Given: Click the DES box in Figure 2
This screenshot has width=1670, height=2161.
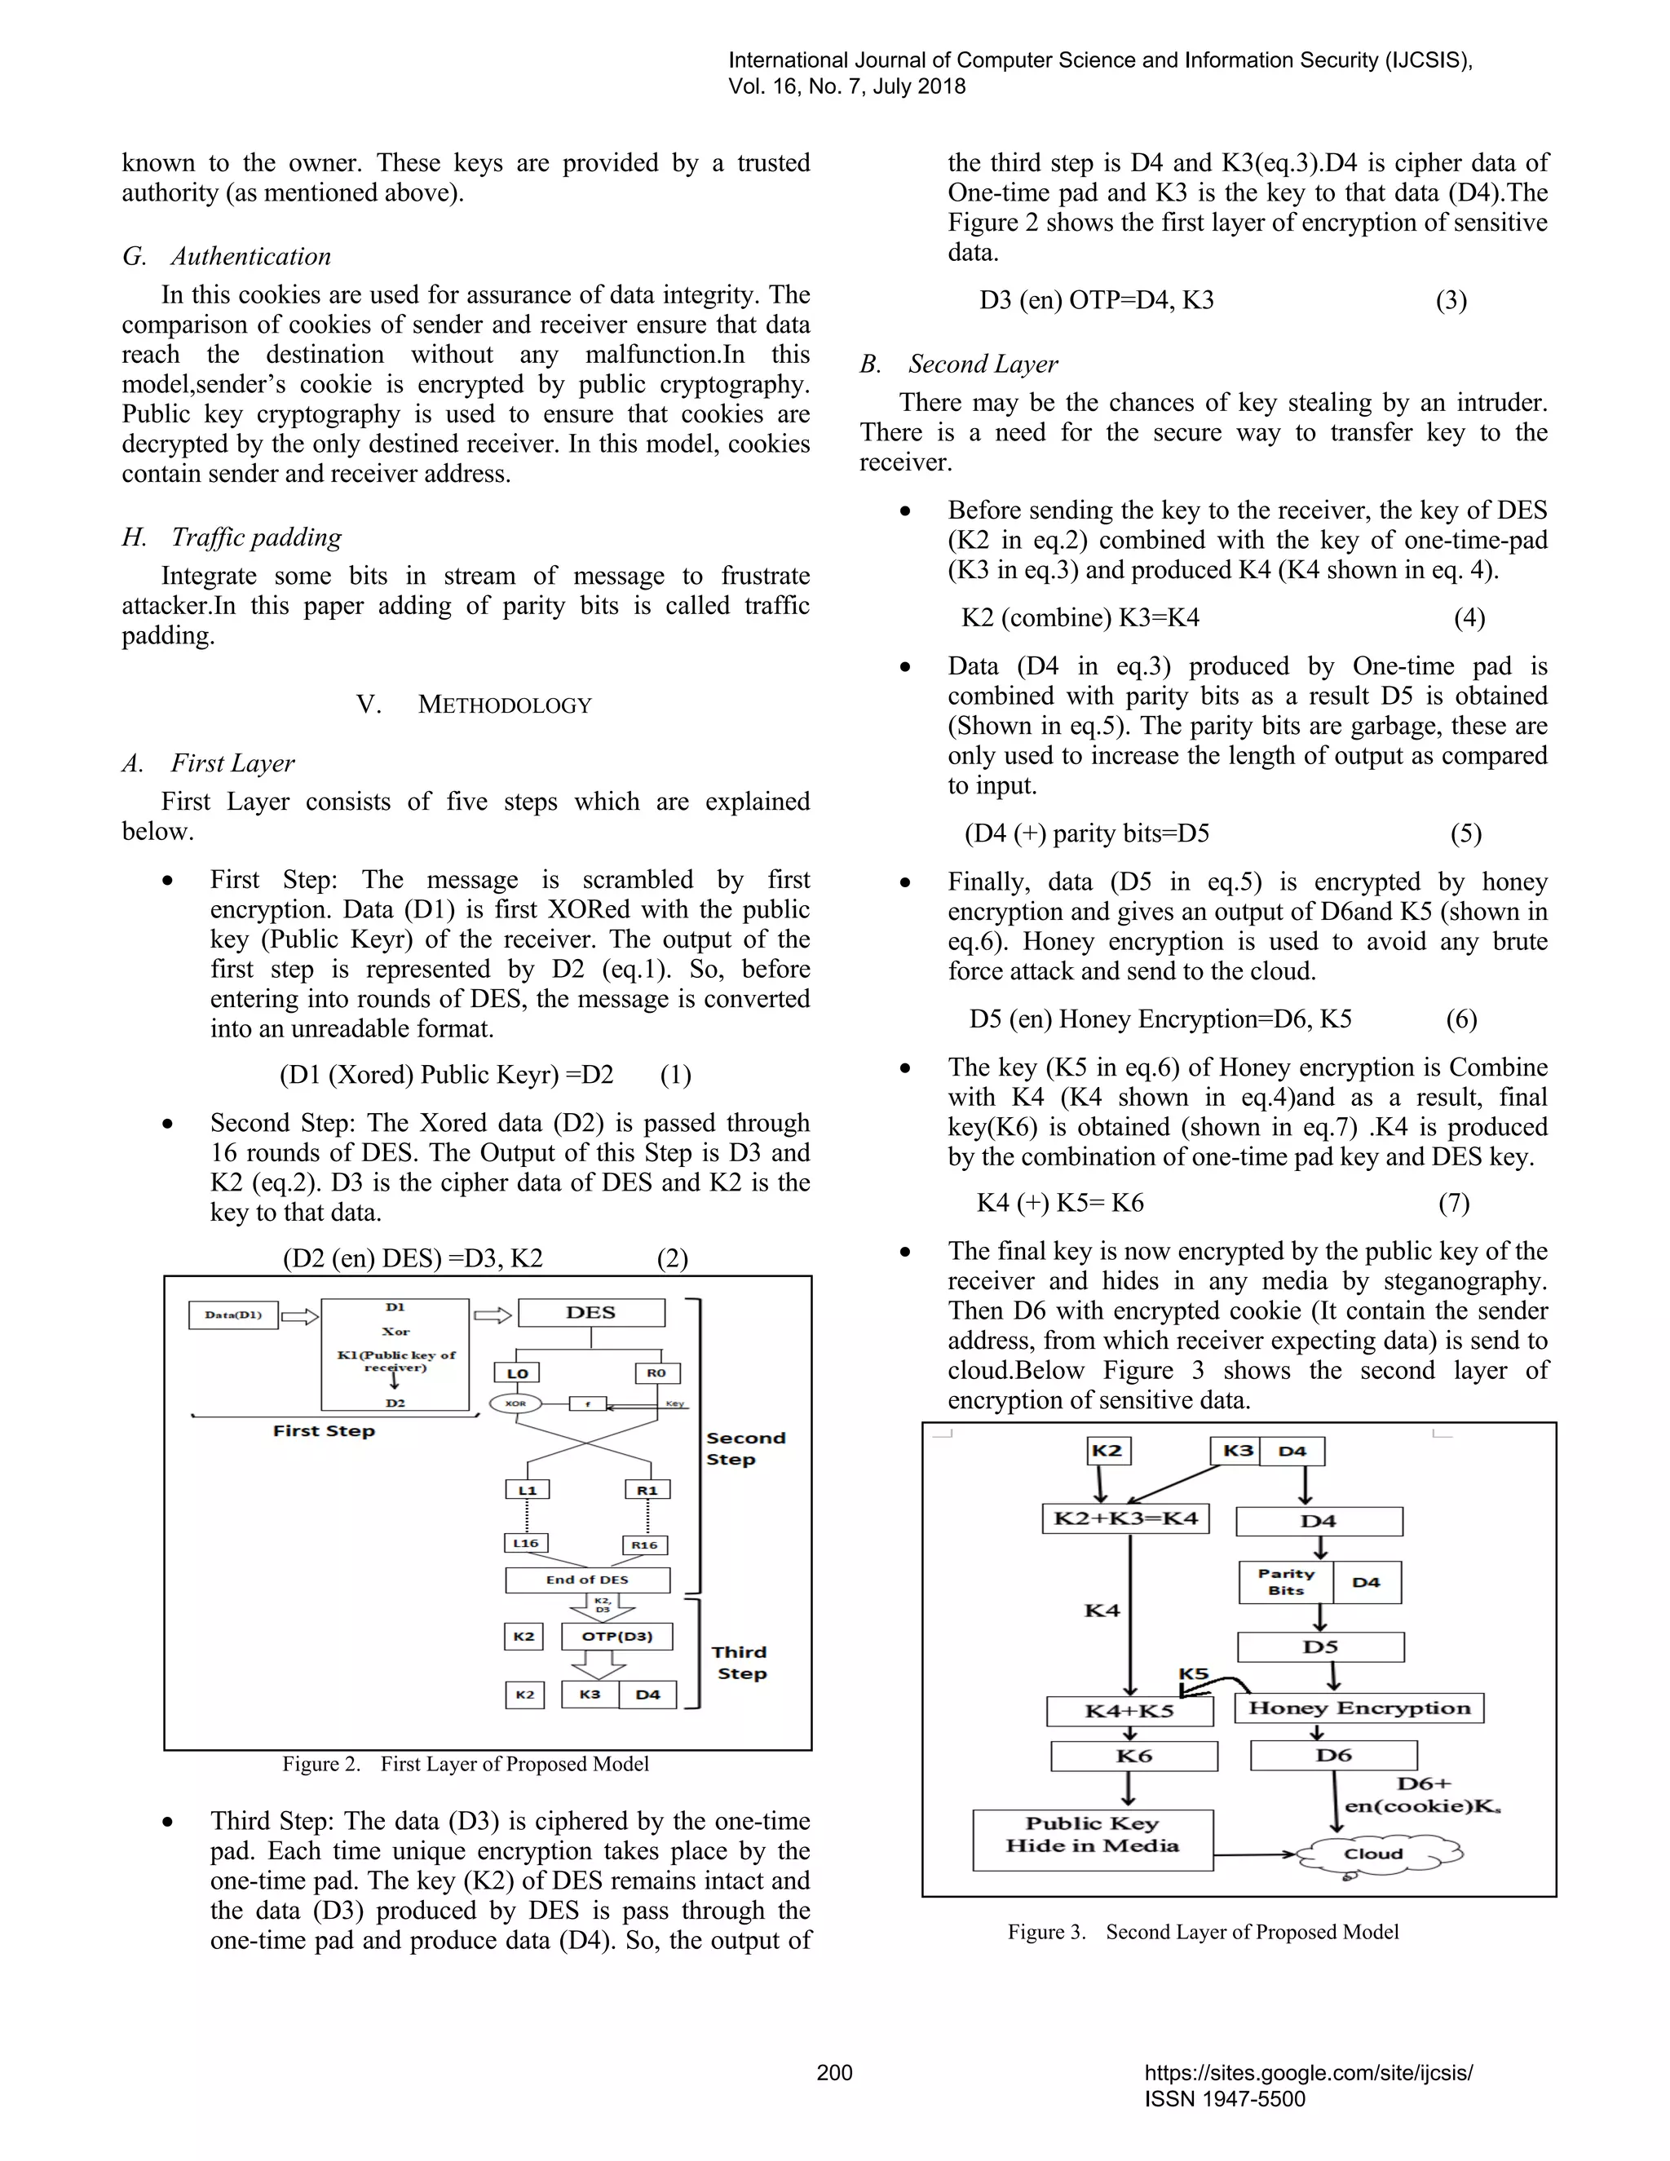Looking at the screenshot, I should click(x=590, y=1312).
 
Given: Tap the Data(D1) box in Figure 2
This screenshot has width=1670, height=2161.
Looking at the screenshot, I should click(x=233, y=1315).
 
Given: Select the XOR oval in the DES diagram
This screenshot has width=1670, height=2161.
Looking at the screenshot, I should click(x=515, y=1403).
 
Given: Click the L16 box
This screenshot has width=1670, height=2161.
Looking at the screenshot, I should click(x=525, y=1543).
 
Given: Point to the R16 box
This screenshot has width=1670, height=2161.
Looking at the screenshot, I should click(x=645, y=1545).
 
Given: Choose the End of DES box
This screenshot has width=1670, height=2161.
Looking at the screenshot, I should click(x=586, y=1580).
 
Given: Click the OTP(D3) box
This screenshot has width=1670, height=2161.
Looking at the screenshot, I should click(x=616, y=1636).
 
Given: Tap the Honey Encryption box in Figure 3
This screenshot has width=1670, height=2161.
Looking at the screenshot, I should click(x=1359, y=1708).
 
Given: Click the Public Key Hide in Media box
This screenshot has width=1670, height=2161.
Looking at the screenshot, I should click(x=1092, y=1840).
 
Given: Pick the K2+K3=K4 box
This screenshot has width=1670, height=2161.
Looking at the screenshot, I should click(x=1124, y=1518).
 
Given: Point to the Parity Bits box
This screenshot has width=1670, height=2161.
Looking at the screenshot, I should click(x=1285, y=1581).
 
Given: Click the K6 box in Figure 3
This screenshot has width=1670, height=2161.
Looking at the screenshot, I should click(x=1133, y=1756).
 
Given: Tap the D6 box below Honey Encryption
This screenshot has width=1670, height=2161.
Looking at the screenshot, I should click(x=1332, y=1754).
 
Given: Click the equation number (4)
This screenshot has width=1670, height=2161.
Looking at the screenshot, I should click(x=1469, y=618).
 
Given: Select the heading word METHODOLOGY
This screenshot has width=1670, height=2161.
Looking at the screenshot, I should click(x=505, y=705).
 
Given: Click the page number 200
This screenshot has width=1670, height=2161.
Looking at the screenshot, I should click(x=834, y=2072).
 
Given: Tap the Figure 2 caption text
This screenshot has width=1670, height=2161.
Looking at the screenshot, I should click(x=465, y=1763).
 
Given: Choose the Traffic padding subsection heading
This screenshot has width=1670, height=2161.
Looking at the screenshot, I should click(x=255, y=537).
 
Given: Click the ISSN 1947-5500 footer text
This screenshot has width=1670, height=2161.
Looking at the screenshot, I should click(x=1225, y=2099).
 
